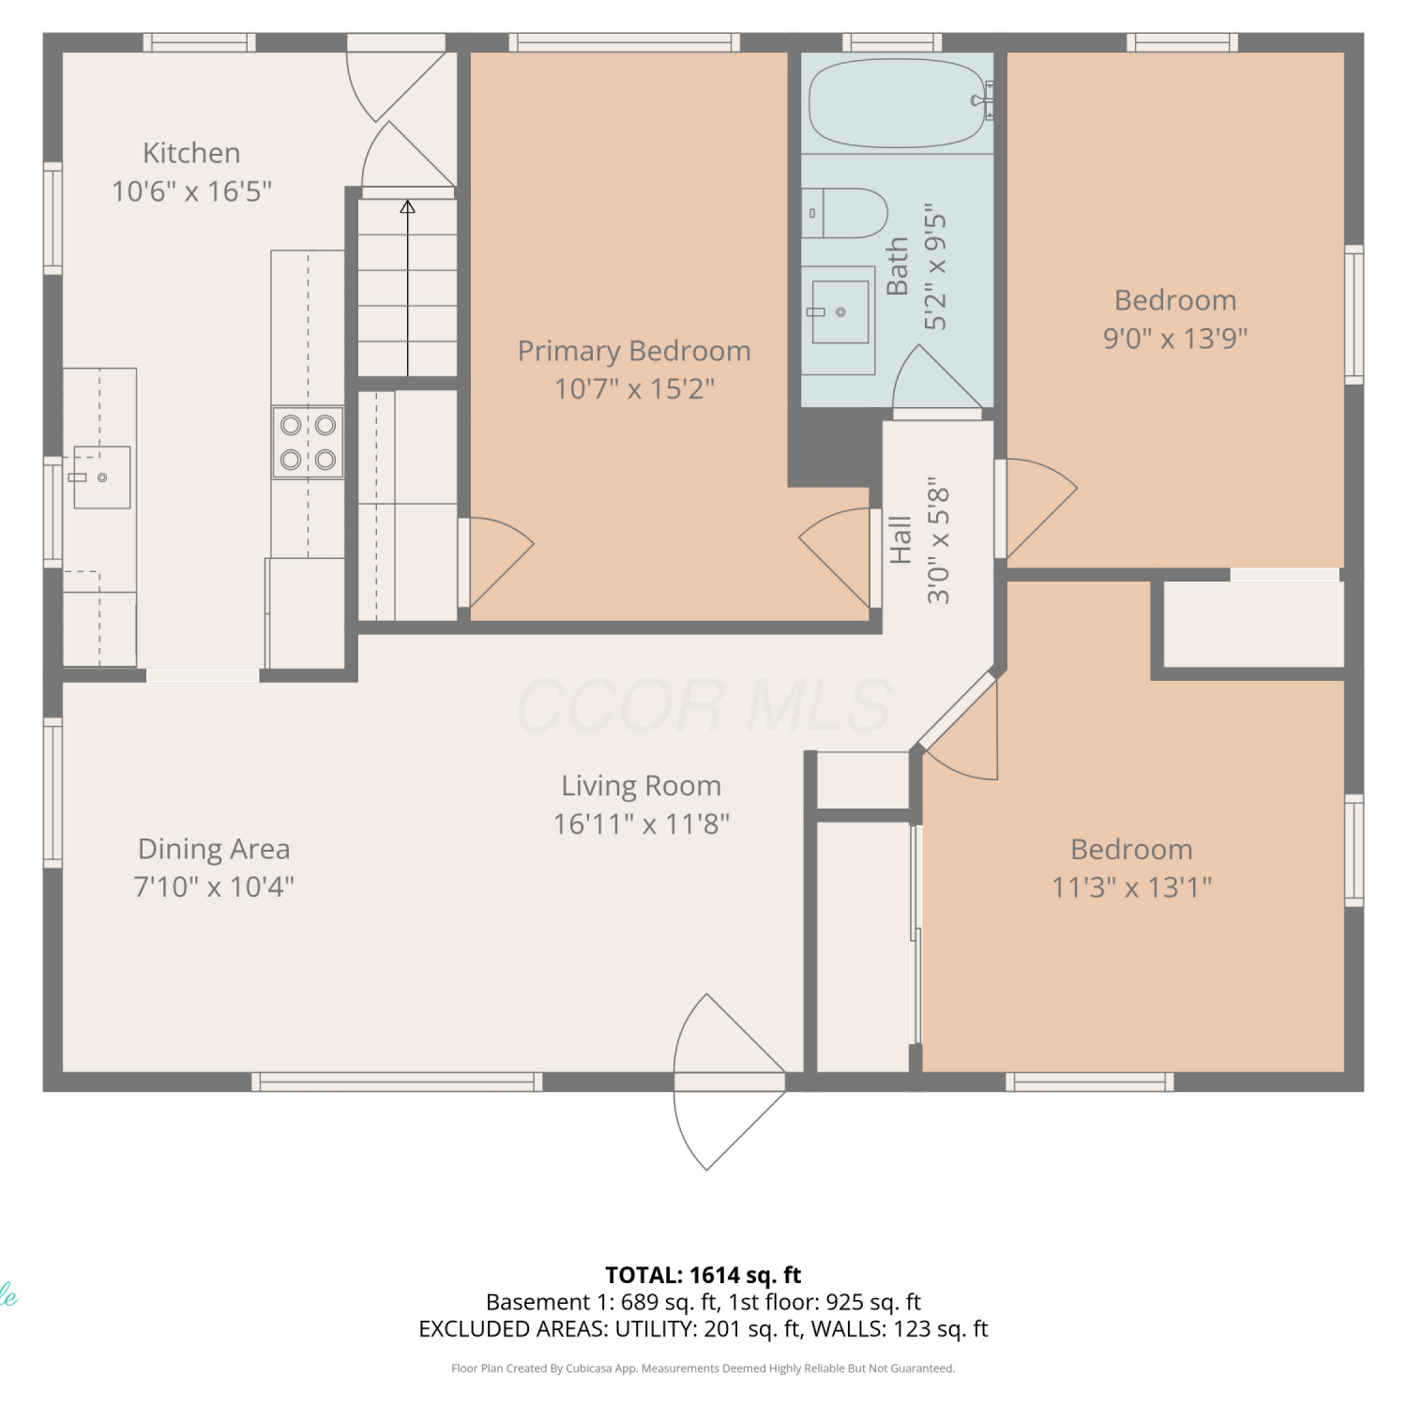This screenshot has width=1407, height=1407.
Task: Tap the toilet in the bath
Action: [x=844, y=213]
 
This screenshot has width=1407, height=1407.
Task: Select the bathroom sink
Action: [x=839, y=311]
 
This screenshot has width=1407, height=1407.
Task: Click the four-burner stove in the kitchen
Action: [x=308, y=442]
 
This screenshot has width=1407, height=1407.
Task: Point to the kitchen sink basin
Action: [x=101, y=477]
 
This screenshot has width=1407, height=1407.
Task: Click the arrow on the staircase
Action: [x=407, y=287]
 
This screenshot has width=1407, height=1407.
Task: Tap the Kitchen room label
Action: [x=191, y=153]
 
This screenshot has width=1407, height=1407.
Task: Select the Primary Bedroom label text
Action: [x=634, y=351]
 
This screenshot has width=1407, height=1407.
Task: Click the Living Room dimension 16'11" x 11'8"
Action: [x=642, y=825]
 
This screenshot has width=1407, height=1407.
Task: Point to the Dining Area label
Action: [x=214, y=849]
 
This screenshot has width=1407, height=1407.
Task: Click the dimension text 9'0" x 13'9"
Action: [x=1175, y=338]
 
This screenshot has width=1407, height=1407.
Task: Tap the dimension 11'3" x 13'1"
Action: [x=1131, y=887]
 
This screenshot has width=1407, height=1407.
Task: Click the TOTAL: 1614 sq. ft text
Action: [x=703, y=1275]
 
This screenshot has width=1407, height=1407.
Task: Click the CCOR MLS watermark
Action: [x=703, y=705]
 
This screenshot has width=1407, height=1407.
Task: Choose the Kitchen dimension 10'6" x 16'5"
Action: [x=191, y=191]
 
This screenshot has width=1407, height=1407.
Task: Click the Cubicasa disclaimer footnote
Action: [x=703, y=1369]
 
